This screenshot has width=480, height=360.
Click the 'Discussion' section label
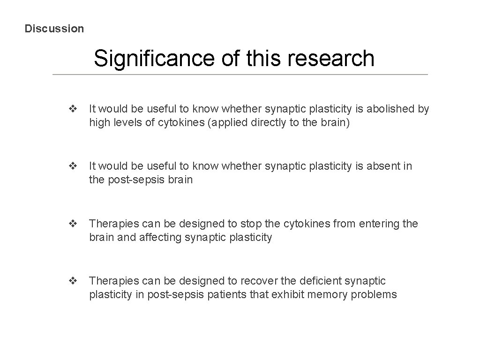click(x=54, y=29)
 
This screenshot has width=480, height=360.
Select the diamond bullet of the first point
click(x=73, y=109)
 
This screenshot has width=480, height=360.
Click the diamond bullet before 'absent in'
click(x=73, y=166)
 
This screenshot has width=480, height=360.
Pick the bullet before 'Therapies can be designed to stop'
click(x=73, y=224)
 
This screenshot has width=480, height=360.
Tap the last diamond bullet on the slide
click(x=73, y=281)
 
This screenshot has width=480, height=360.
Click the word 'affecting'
click(x=160, y=238)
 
